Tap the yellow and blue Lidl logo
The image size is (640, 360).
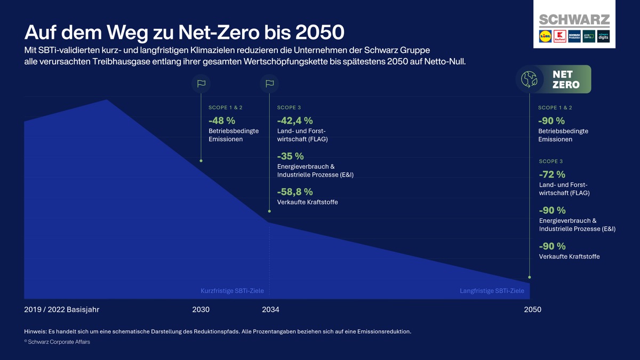[x=545, y=37]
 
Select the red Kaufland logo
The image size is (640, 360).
[x=559, y=37]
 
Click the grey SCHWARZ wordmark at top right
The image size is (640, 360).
[x=574, y=20]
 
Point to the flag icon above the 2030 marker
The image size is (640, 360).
[x=201, y=84]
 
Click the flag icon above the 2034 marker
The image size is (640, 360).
[x=269, y=84]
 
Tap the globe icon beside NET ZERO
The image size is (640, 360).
[x=530, y=79]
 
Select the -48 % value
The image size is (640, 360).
[x=222, y=121]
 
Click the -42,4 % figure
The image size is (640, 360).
[x=295, y=121]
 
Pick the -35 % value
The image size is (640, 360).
[x=291, y=156]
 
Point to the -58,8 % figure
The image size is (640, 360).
[x=295, y=192]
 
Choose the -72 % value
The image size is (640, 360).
[x=552, y=174]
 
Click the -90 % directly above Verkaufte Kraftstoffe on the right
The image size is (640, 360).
[x=552, y=246]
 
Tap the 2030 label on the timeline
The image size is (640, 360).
[x=201, y=310]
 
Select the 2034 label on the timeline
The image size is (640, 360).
[x=270, y=310]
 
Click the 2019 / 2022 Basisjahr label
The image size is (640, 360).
[x=62, y=310]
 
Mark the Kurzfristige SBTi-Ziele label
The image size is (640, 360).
[x=232, y=291]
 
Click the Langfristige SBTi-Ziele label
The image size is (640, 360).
[x=492, y=291]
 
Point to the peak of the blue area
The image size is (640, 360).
[x=107, y=100]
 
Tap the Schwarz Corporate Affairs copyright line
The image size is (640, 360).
[x=57, y=342]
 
